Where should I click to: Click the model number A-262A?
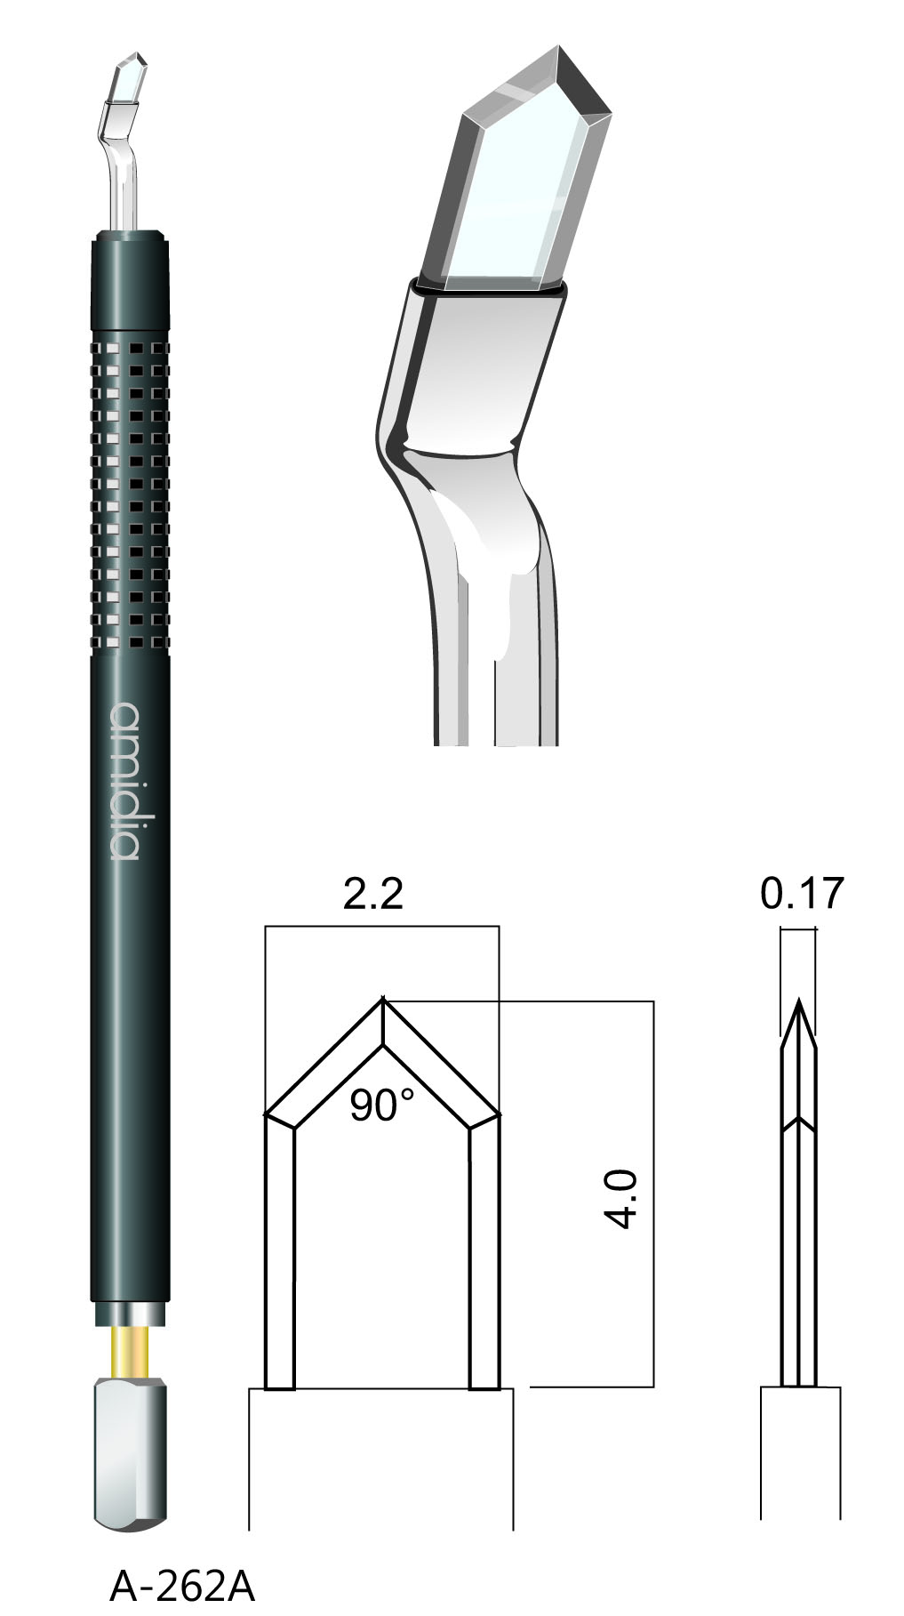(181, 1585)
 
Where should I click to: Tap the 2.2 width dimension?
(373, 893)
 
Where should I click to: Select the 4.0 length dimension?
(624, 1199)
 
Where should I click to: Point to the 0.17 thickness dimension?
(801, 893)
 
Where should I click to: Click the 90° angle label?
(381, 1105)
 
